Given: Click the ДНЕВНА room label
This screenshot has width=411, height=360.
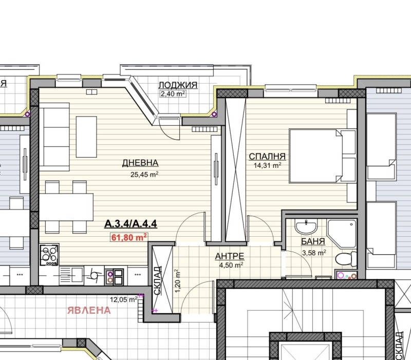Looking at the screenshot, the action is [140, 163].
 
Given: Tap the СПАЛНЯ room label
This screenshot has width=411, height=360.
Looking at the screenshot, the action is [267, 157].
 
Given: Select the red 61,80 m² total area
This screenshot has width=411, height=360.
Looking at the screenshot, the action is [129, 237].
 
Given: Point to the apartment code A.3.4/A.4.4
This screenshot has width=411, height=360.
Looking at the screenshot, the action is [131, 224].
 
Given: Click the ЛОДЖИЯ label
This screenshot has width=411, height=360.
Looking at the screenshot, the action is [178, 85].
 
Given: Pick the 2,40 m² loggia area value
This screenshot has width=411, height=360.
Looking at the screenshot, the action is [173, 93].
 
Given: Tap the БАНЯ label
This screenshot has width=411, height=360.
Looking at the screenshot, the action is [313, 241].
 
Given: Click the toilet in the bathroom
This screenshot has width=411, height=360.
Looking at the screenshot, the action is [346, 259].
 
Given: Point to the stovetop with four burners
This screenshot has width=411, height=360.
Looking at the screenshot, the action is [49, 255].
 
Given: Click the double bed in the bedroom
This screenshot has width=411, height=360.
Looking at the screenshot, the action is [315, 156].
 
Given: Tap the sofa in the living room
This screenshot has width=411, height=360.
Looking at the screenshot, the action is [54, 137].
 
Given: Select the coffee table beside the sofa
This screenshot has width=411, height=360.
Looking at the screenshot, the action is [86, 137].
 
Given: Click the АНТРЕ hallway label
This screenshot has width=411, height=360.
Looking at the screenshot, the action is [230, 256].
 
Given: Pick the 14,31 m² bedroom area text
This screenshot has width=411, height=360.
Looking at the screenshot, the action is [267, 165].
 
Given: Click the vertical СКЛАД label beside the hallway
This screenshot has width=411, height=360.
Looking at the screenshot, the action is [157, 280].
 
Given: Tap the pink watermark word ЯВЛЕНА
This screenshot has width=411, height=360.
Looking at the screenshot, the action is [89, 311].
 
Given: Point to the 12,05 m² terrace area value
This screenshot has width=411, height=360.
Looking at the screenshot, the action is [123, 299].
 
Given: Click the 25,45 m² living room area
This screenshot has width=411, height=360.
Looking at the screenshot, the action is [144, 175].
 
